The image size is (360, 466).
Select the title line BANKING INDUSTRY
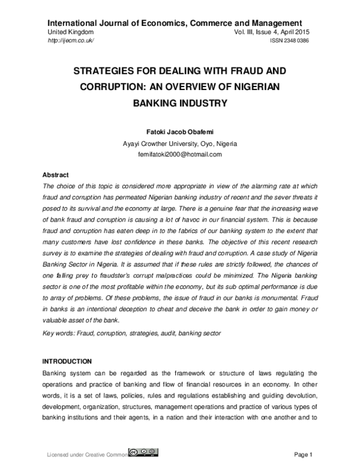click(180, 103)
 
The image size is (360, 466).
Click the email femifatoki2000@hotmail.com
click(180, 154)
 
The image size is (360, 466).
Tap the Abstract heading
click(55, 175)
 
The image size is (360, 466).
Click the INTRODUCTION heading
click(67, 362)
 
